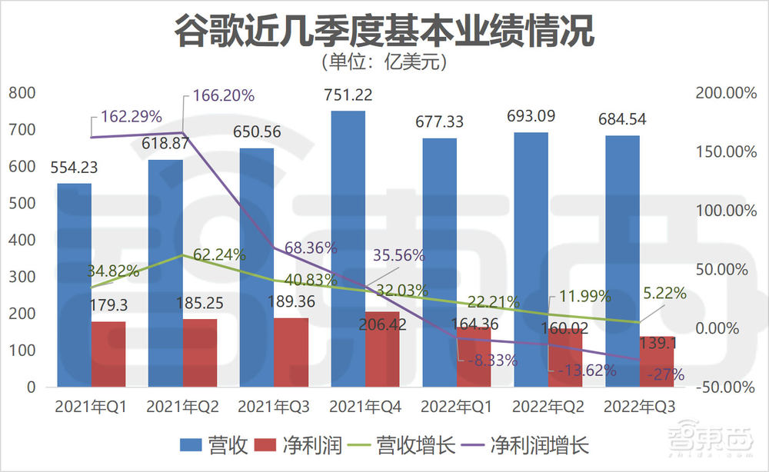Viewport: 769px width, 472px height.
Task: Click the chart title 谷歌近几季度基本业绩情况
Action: (384, 31)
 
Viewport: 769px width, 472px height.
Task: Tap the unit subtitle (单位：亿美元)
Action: (384, 61)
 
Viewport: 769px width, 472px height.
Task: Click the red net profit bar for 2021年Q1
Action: (108, 354)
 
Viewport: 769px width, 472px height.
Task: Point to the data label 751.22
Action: (348, 95)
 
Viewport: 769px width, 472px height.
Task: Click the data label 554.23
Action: (74, 167)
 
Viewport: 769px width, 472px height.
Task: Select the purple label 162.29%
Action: (131, 117)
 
